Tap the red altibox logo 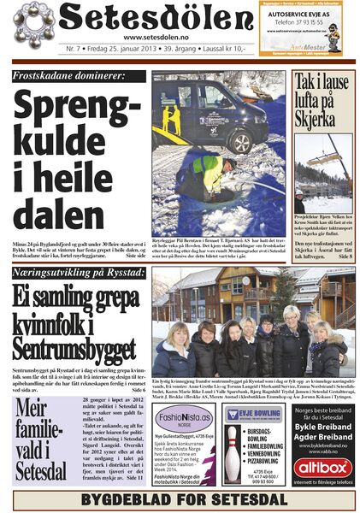click(322, 468)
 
